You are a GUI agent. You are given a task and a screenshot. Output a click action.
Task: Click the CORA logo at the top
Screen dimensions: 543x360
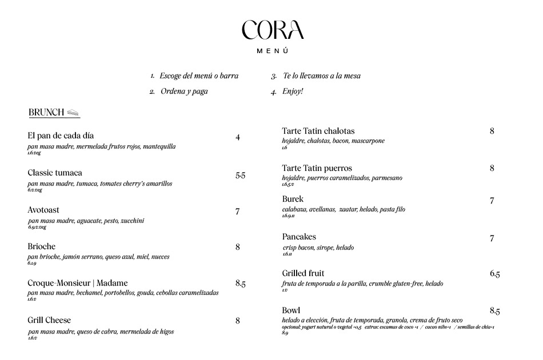[x=272, y=30]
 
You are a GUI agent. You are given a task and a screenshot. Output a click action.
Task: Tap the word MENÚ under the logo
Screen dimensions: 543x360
[x=272, y=51]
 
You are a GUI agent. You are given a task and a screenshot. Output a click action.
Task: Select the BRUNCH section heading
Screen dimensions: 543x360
[x=46, y=113]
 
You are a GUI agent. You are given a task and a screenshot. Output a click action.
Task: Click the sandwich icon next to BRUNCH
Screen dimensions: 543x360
[x=73, y=113]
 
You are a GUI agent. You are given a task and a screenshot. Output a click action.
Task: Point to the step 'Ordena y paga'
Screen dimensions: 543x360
[x=184, y=91]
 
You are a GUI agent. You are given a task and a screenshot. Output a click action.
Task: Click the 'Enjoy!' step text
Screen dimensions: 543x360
[x=293, y=91]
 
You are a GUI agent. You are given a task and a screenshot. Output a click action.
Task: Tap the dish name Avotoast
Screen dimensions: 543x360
[x=43, y=210]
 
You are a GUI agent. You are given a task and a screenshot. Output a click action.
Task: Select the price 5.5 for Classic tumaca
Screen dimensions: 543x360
[x=240, y=176]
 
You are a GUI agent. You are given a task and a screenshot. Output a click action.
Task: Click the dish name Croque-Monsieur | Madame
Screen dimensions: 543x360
[x=78, y=283]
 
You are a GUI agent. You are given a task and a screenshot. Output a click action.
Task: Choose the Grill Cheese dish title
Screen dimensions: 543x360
[x=49, y=320]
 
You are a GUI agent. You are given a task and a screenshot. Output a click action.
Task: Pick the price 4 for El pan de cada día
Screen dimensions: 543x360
[x=238, y=138]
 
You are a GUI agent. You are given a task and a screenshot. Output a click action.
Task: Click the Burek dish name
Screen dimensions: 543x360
[x=293, y=199]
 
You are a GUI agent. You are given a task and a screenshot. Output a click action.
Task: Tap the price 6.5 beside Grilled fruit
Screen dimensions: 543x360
[x=494, y=274]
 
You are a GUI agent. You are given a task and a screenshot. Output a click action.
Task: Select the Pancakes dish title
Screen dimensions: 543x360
[x=299, y=237]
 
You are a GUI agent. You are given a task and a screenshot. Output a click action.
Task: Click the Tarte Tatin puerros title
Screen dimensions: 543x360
[x=317, y=168]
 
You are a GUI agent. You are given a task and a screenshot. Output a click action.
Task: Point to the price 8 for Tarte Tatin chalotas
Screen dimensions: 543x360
[x=492, y=131]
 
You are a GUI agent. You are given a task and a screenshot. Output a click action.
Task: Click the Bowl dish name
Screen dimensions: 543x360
[x=291, y=310]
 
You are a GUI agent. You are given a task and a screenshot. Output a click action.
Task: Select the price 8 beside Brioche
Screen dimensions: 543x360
[x=238, y=247]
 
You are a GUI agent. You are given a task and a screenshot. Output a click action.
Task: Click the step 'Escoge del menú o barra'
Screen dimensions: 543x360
[x=199, y=76]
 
